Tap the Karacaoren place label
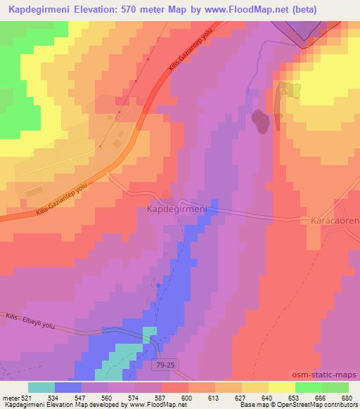[334, 220]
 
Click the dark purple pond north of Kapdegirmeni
[261, 121]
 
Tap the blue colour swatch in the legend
[67, 387]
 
